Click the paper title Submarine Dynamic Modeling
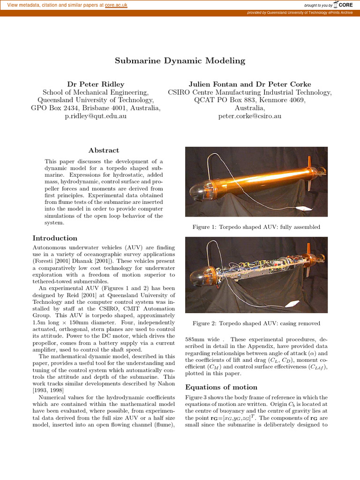click(x=180, y=60)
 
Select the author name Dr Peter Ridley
click(x=96, y=84)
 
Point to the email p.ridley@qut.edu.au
click(x=96, y=116)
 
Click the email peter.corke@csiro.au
click(x=250, y=116)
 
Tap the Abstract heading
click(x=104, y=150)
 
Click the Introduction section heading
click(x=55, y=238)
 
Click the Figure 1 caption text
click(x=256, y=227)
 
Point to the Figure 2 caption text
click(x=256, y=323)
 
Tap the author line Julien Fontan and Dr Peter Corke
click(x=250, y=84)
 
